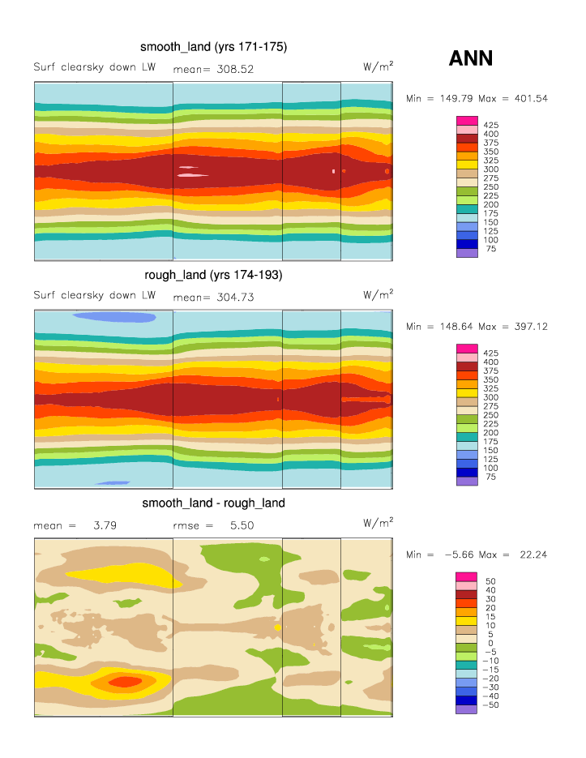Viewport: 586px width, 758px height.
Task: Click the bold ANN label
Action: (x=471, y=58)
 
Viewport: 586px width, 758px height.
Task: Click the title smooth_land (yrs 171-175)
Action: (x=214, y=47)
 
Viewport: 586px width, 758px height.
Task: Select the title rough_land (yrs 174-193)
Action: (x=213, y=275)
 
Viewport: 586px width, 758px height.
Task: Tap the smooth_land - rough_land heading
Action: (x=213, y=503)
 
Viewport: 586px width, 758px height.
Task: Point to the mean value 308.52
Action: (x=235, y=69)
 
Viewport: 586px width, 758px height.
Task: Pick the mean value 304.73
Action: (x=235, y=298)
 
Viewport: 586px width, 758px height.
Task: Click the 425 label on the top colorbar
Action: (x=490, y=125)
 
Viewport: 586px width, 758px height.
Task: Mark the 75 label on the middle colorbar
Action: (x=490, y=477)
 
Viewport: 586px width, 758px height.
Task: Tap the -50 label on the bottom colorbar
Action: (x=491, y=705)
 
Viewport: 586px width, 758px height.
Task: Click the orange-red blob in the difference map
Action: (x=124, y=681)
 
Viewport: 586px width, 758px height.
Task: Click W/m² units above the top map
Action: (x=379, y=67)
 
